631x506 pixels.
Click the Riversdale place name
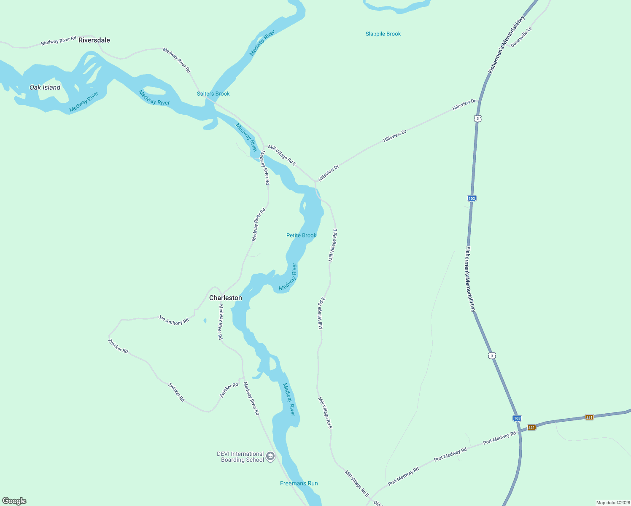94,40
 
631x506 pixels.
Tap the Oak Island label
45,87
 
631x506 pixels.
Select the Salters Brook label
213,94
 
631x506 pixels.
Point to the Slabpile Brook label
383,34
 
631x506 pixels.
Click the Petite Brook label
301,235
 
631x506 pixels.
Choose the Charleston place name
226,298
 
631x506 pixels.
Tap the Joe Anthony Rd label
173,320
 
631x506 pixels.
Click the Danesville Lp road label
521,37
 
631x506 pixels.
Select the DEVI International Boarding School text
240,457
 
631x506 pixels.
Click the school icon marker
270,456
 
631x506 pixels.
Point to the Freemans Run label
299,483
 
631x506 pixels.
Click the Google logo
14,501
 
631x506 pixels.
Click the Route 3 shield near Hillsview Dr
477,118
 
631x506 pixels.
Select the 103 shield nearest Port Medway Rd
517,418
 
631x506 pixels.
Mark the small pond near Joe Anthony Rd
205,320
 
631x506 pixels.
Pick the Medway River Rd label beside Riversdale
59,40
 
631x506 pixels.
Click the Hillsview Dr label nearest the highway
464,105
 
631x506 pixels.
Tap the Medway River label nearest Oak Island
84,102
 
